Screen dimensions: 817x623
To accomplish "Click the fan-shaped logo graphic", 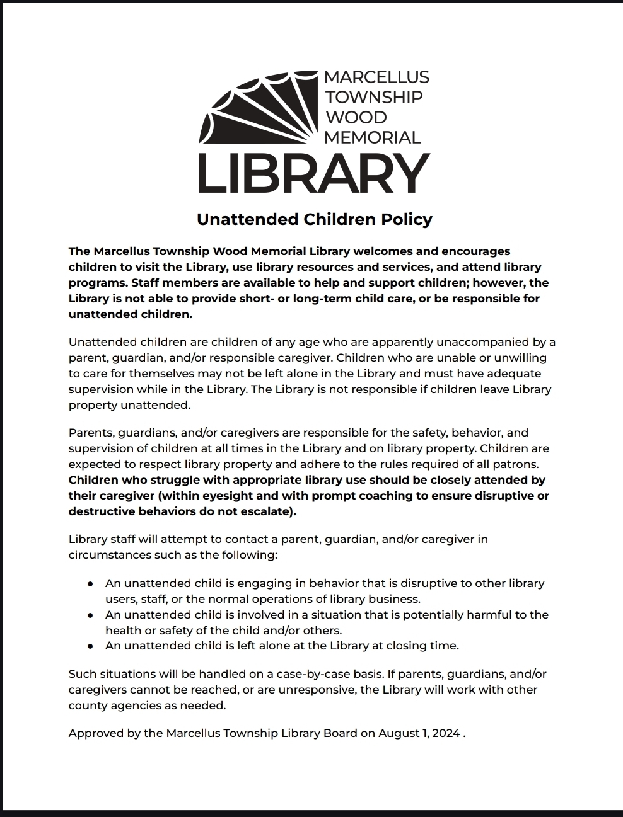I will (259, 107).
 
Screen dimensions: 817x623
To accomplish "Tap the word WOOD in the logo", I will (356, 117).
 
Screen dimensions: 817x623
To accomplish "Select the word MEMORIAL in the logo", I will (372, 137).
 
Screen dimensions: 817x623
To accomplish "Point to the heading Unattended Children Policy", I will (314, 219).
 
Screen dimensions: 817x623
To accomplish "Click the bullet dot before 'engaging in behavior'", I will (91, 584).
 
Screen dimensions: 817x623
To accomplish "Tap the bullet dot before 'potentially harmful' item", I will (91, 615).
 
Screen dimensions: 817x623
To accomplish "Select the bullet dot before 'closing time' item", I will (91, 646).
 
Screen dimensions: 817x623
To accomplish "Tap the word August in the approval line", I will (399, 733).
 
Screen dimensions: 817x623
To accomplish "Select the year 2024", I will (446, 733).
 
